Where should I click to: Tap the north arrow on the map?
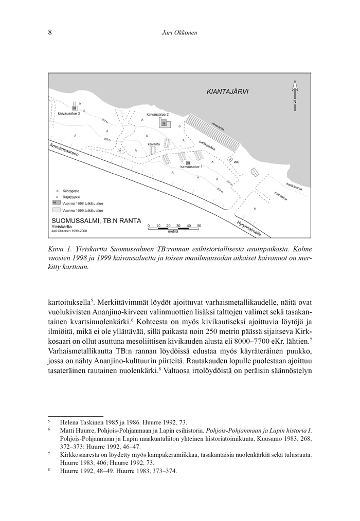coord(295,95)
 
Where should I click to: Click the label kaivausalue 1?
coord(191,167)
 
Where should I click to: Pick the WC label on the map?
coord(237,161)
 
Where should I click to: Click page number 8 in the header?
coord(50,33)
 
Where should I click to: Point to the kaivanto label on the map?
coord(153,145)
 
